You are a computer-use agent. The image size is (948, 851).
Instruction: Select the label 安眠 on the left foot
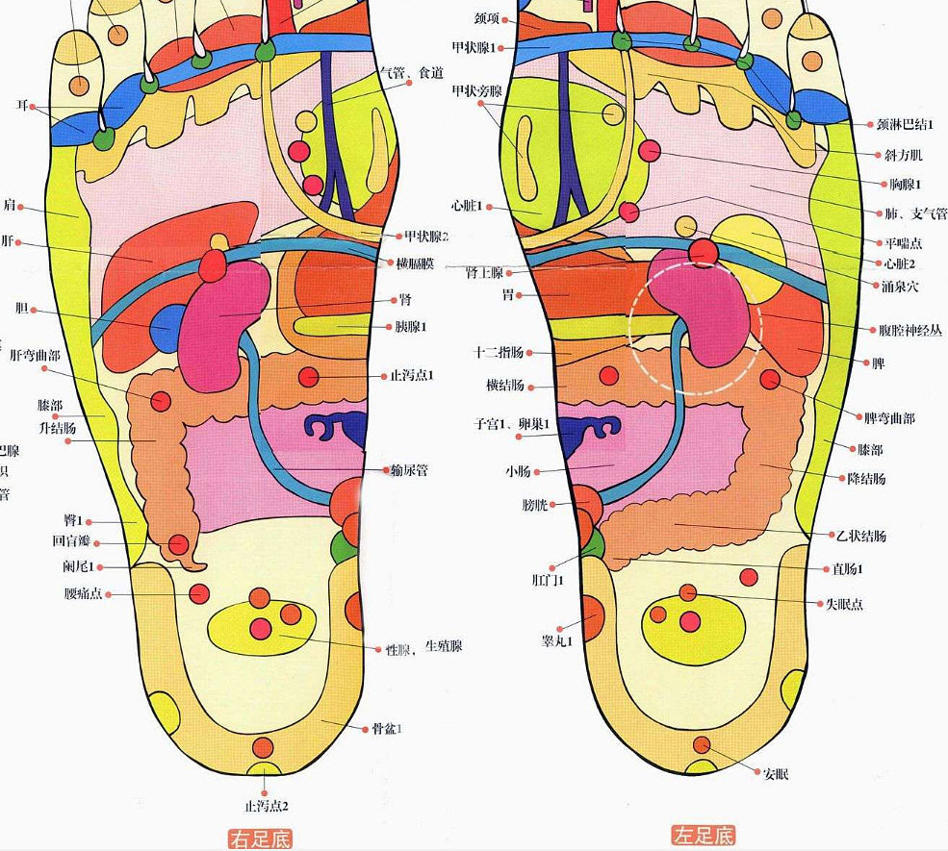point(775,773)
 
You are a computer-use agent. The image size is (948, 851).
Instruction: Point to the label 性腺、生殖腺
point(423,646)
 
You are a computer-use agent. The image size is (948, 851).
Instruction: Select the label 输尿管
point(410,470)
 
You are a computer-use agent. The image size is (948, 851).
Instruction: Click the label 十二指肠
point(499,352)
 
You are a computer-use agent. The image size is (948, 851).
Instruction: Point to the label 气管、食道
point(411,73)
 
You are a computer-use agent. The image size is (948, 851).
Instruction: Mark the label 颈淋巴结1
point(905,124)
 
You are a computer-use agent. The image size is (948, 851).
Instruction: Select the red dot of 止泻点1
point(308,376)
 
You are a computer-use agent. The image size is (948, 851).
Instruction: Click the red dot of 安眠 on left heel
point(702,744)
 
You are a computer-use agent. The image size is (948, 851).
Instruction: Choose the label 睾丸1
point(557,640)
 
